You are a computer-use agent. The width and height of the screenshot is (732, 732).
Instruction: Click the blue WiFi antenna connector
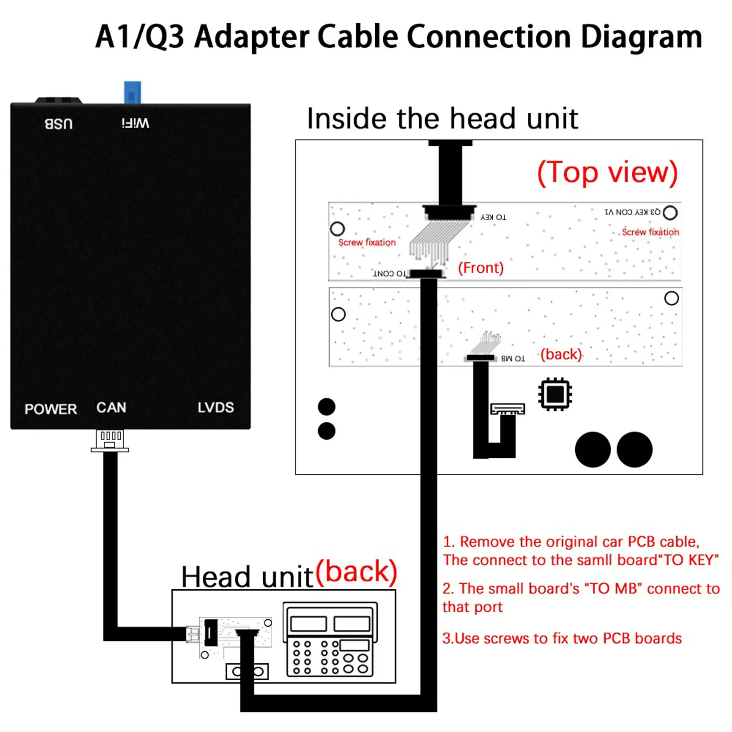132,92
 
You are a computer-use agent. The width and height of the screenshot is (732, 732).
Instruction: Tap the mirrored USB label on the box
59,124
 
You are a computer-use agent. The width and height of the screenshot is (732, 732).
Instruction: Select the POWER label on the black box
50,409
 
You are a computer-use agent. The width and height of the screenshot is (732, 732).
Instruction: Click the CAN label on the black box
111,407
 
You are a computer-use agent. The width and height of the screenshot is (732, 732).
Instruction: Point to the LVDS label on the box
215,407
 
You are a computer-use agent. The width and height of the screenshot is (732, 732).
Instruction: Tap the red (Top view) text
607,172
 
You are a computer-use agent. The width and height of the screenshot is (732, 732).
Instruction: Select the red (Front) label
480,268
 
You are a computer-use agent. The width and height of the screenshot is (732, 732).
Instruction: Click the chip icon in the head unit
555,394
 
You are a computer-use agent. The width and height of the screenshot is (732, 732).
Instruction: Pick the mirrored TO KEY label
493,217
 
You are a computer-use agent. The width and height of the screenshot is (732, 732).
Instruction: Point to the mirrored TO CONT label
389,274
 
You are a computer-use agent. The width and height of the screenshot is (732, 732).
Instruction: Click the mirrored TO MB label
513,359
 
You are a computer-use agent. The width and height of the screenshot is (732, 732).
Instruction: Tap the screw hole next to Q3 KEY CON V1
670,212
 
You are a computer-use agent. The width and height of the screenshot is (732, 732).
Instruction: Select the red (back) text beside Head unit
356,571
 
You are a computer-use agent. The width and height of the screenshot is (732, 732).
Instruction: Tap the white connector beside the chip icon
507,409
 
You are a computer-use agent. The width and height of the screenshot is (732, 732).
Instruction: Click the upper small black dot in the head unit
326,406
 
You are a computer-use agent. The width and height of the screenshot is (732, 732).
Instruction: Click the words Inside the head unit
442,118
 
